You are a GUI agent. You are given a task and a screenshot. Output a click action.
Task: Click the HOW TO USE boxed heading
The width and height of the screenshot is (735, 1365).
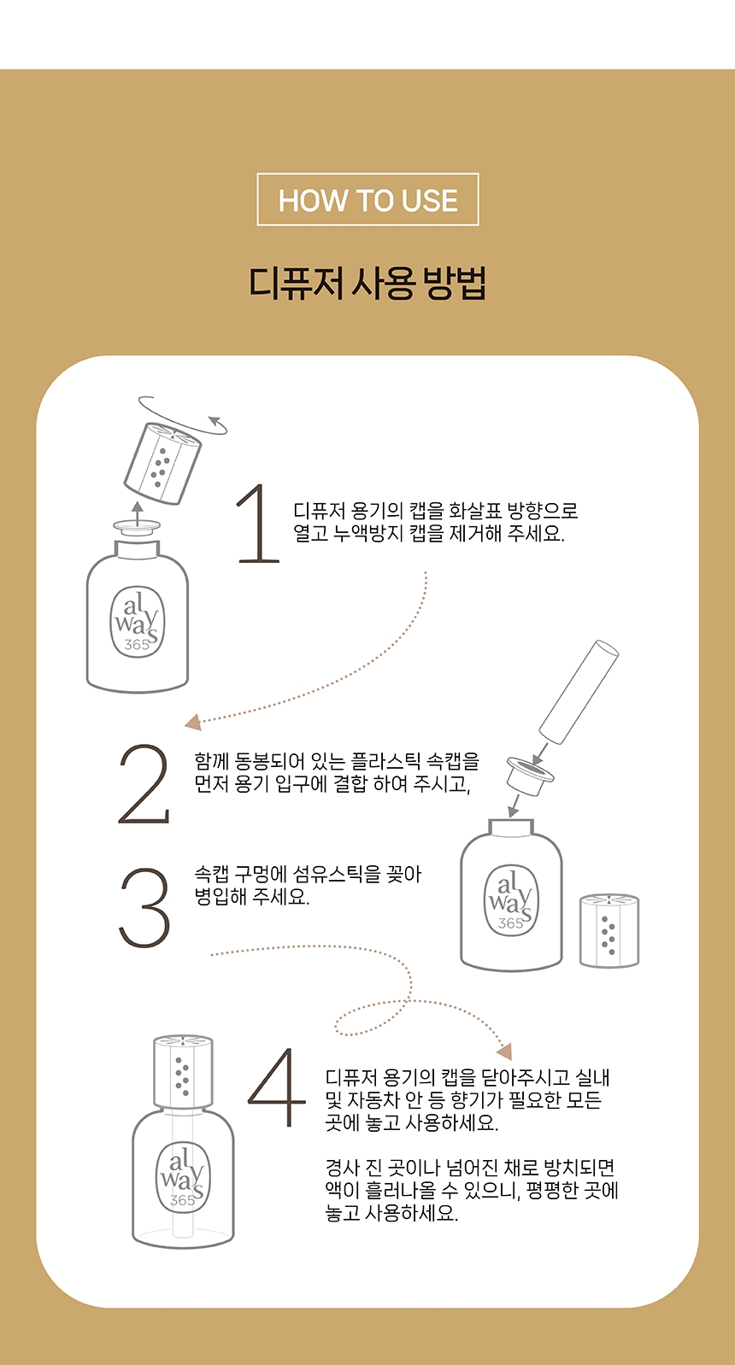[x=367, y=199]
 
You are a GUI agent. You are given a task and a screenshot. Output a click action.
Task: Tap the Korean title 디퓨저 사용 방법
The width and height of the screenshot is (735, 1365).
[x=367, y=283]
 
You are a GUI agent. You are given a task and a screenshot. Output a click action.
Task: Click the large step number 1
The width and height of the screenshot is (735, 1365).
[x=258, y=523]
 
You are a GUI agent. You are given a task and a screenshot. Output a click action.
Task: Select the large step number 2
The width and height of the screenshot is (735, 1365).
[x=144, y=783]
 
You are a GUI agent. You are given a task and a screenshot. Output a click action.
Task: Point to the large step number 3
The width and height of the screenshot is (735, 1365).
[x=144, y=907]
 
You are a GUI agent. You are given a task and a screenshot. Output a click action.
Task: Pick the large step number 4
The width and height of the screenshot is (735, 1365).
[x=276, y=1087]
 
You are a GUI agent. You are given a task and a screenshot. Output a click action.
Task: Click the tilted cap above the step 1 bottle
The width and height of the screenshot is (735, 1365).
[x=162, y=463]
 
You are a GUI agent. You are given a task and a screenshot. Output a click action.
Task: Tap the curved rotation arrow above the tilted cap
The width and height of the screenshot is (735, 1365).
[x=182, y=413]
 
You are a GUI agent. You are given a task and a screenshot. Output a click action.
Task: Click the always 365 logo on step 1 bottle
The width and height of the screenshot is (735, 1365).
[x=137, y=622]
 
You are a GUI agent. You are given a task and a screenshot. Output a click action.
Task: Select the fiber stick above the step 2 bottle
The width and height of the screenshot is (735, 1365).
[x=579, y=692]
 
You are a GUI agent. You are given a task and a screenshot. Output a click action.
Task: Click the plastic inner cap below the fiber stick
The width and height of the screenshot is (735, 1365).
[x=530, y=775]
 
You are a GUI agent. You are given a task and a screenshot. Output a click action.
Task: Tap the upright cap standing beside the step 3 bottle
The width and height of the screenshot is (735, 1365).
[x=609, y=930]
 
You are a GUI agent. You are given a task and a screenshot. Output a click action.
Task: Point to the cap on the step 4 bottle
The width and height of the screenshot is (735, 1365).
[x=183, y=1072]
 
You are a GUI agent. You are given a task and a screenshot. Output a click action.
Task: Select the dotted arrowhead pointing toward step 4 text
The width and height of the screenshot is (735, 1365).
[x=504, y=1052]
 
